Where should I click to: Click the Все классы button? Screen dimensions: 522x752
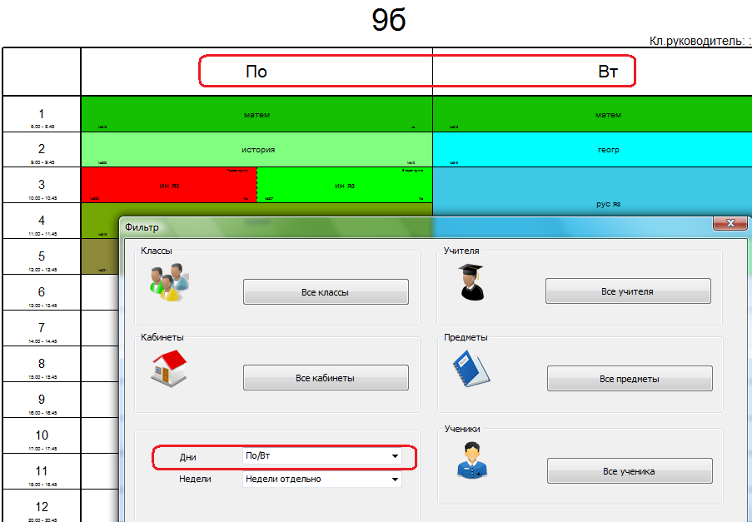point(326,292)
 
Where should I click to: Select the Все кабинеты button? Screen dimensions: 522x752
point(326,378)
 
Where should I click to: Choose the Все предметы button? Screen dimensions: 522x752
point(630,379)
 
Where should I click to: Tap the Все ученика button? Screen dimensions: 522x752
point(630,471)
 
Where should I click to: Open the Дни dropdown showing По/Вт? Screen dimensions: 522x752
point(321,456)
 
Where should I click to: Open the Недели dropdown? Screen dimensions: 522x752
point(321,479)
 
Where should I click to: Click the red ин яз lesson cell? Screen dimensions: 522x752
point(168,186)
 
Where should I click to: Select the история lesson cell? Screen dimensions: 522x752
point(256,150)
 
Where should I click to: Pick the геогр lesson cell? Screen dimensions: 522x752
point(608,150)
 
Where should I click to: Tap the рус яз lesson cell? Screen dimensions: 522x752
point(608,203)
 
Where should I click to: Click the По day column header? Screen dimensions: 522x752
point(256,72)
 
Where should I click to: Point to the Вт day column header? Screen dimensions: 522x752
point(608,72)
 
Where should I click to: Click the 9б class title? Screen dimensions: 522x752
point(388,20)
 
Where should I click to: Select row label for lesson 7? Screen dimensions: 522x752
point(42,329)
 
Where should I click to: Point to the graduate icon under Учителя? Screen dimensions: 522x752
point(471,282)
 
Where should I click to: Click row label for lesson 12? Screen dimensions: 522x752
point(42,507)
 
